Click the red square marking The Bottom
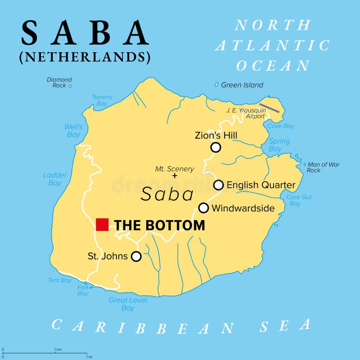(x=102, y=224)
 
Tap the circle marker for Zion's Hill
(x=216, y=147)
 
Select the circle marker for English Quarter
(x=218, y=185)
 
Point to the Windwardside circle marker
(x=203, y=207)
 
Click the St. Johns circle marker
(x=136, y=256)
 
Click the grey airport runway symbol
(x=270, y=108)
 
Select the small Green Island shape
(x=216, y=85)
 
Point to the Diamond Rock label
(x=59, y=82)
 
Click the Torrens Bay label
(x=102, y=100)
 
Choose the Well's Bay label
(x=73, y=130)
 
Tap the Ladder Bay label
(x=55, y=179)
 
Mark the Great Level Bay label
(x=128, y=304)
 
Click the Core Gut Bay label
(x=299, y=200)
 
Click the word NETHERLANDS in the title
(x=85, y=57)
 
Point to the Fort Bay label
(x=83, y=290)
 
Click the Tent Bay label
(x=60, y=280)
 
